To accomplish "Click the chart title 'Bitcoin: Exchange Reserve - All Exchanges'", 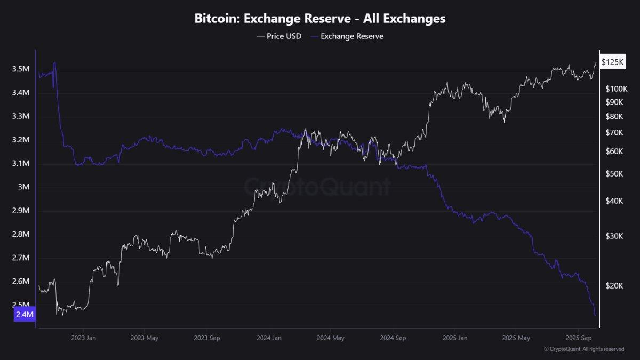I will pyautogui.click(x=320, y=19).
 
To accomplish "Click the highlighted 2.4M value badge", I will pyautogui.click(x=25, y=315).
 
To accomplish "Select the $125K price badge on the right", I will pyautogui.click(x=612, y=62).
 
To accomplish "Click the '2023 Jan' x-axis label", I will pyautogui.click(x=83, y=338).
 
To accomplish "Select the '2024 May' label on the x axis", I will pyautogui.click(x=330, y=338).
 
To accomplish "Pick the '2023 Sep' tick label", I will pyautogui.click(x=207, y=338).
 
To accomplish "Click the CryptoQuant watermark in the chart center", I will pyautogui.click(x=318, y=187).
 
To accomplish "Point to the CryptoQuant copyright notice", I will pyautogui.click(x=583, y=349).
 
